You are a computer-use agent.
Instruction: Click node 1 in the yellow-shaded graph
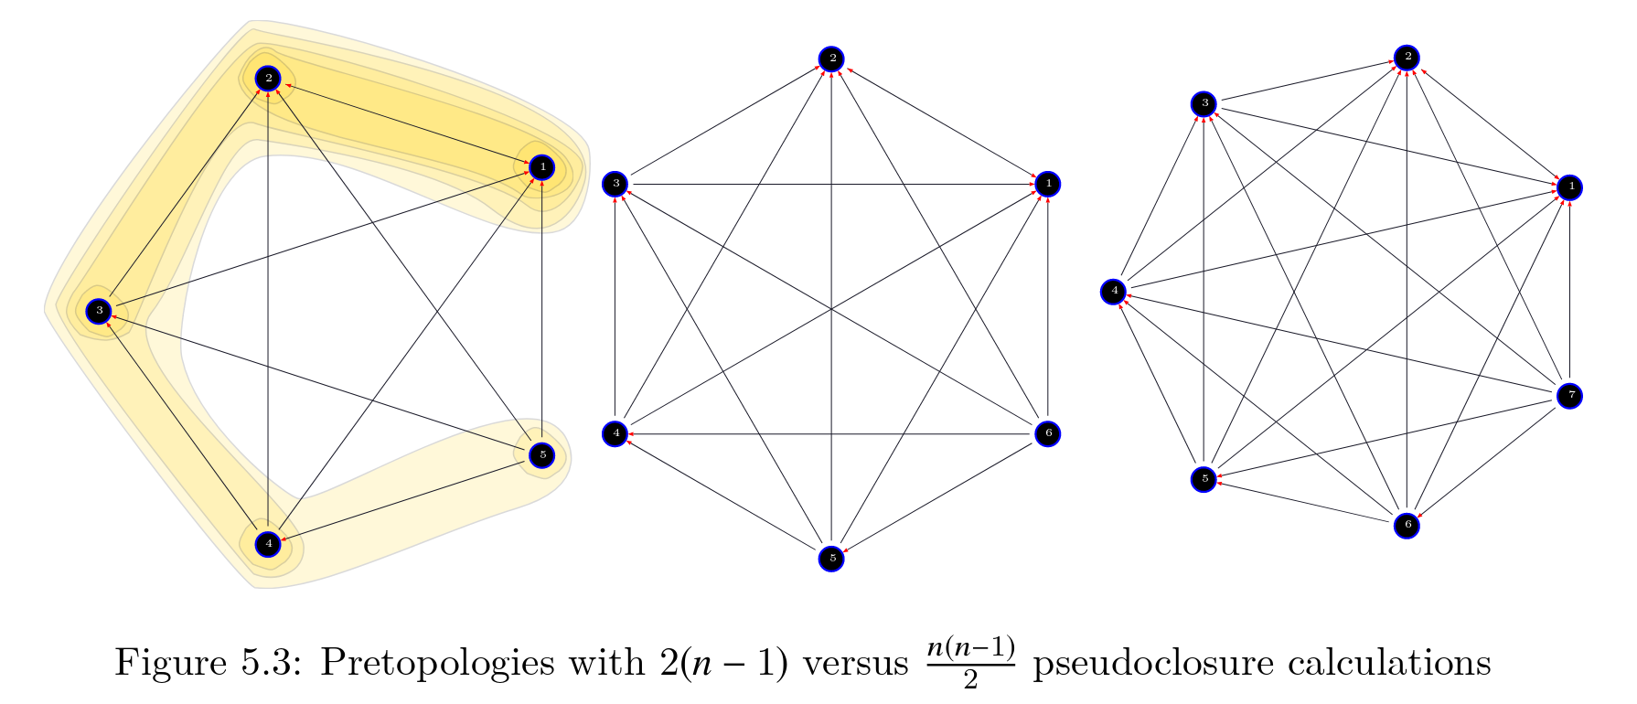tap(542, 167)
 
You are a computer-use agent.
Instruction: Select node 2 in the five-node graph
tap(268, 79)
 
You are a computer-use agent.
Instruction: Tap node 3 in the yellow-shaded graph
tap(99, 311)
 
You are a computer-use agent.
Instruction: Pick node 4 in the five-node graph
tap(268, 544)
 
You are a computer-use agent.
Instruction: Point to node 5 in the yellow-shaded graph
tap(542, 454)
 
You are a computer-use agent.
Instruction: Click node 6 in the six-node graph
tap(1048, 433)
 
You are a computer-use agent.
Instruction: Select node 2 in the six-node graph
tap(831, 59)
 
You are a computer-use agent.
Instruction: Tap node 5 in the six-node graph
tap(831, 557)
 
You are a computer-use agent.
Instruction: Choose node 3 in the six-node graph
tap(615, 184)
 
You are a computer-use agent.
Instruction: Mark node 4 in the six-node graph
tap(615, 433)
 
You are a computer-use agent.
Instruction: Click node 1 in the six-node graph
tap(1048, 184)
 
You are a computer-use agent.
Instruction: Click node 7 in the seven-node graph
tap(1570, 396)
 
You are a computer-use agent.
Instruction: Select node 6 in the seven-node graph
tap(1407, 525)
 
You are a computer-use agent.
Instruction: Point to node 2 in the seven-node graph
tap(1407, 58)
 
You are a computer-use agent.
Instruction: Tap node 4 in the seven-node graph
tap(1114, 292)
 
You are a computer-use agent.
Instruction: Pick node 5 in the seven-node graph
tap(1204, 478)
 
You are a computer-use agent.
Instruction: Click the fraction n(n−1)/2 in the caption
tap(970, 662)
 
